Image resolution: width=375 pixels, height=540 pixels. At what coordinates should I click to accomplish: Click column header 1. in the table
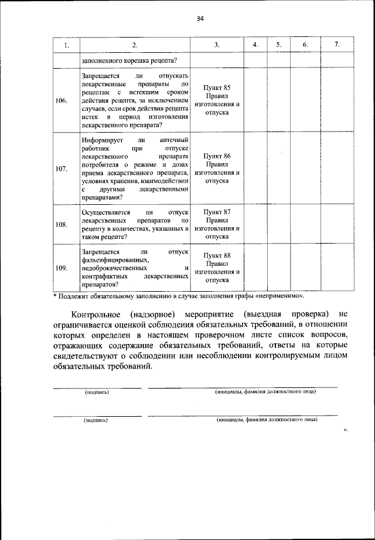(67, 45)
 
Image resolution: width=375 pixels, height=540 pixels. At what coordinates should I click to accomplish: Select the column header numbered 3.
(217, 45)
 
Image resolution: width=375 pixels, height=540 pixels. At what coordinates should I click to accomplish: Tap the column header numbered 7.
(336, 45)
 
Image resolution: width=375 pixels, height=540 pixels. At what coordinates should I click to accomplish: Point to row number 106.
(62, 100)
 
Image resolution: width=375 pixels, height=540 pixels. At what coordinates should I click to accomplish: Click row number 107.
(62, 169)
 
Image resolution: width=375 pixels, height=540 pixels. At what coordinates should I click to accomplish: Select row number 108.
(62, 224)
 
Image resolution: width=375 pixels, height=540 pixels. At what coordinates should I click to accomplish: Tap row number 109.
(62, 268)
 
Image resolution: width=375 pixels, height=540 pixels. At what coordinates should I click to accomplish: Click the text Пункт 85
(217, 87)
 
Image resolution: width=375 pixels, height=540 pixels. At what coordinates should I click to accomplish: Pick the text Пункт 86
(217, 156)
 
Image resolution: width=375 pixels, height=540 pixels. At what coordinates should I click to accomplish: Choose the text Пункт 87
(217, 211)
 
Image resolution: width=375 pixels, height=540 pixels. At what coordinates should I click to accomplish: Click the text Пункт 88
(217, 255)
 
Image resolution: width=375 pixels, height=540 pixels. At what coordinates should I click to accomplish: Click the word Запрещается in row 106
(101, 76)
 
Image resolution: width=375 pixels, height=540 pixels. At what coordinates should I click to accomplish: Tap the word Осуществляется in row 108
(107, 211)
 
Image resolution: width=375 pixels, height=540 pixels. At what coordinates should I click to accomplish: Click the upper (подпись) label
(97, 392)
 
